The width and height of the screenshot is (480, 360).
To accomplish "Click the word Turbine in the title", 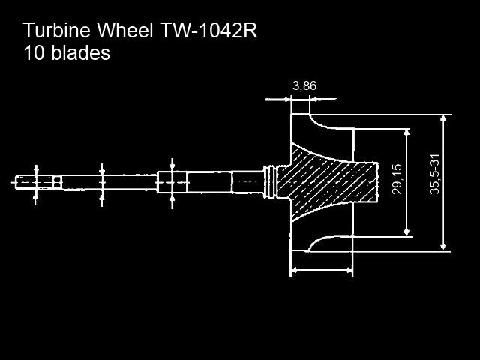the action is tap(57, 30).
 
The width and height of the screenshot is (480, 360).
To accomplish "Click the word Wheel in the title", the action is tap(125, 30).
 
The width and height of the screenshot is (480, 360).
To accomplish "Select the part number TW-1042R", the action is tap(208, 30).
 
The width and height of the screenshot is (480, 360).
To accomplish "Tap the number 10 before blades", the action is tap(34, 53).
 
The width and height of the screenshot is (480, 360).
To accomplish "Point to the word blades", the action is tap(80, 53).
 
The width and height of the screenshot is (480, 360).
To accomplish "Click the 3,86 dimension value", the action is tap(304, 86).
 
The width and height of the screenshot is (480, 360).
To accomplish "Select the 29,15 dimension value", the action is tap(397, 180).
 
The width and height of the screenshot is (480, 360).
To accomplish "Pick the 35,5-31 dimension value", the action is tap(435, 174).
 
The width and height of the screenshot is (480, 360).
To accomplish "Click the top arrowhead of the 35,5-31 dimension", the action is tap(443, 118).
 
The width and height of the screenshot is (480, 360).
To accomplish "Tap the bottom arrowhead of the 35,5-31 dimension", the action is tap(443, 247).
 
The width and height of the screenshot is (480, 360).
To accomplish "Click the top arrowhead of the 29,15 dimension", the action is tap(406, 133).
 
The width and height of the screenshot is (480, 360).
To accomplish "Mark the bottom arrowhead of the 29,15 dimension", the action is tap(406, 232).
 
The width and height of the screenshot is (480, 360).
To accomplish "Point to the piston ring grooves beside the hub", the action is tap(270, 182).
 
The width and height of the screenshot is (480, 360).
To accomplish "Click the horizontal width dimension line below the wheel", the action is tap(322, 270).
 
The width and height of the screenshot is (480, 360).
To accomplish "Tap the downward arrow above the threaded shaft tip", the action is tap(37, 170).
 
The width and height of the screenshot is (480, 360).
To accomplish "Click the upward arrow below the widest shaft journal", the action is tap(172, 202).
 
